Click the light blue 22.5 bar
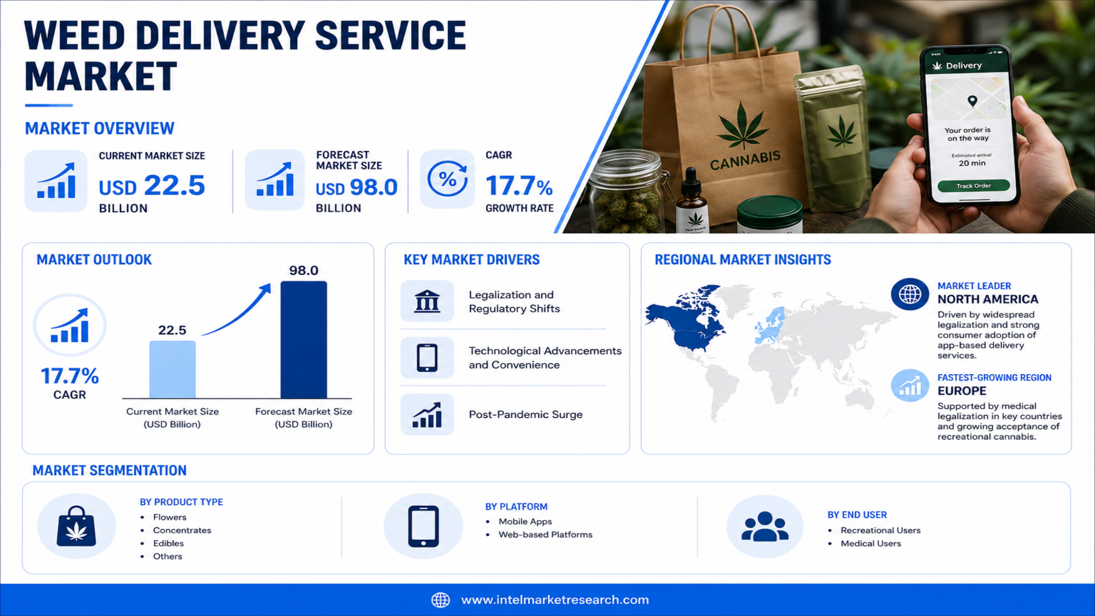172,370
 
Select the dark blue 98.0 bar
303,339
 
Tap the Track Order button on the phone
974,186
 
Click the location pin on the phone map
972,101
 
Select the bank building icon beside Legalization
427,301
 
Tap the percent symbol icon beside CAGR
448,179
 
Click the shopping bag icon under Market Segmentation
76,526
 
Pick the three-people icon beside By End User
765,526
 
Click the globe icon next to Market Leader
910,294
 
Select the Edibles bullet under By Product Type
168,544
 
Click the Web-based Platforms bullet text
545,534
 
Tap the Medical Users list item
871,544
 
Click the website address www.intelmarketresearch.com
555,600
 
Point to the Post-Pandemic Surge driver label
526,415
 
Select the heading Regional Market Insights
743,260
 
